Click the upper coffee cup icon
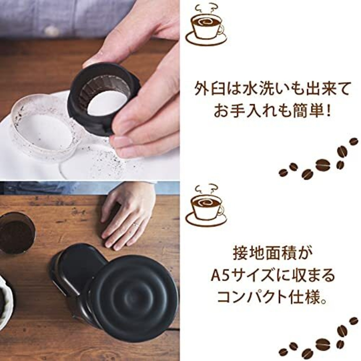206,27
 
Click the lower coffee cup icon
206,208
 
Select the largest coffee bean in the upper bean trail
323,165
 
